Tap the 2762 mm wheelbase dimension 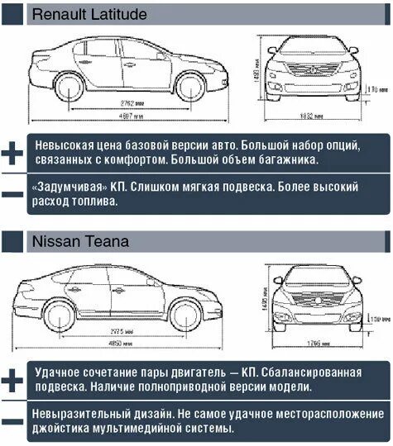tap(123, 102)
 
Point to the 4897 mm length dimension tap(124, 116)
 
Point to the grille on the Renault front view tap(313, 69)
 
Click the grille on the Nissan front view tap(318, 299)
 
